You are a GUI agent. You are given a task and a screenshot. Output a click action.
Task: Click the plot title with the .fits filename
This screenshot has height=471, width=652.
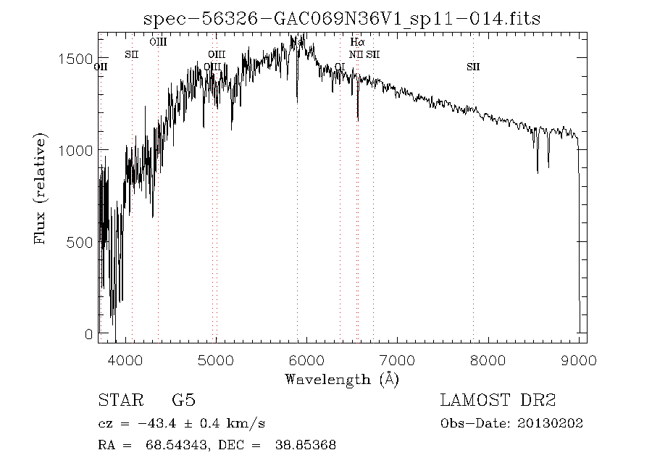(x=342, y=18)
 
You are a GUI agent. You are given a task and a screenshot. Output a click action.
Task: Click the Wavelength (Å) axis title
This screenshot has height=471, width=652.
(x=342, y=379)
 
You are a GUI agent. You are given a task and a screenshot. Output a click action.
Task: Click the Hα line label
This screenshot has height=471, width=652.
(x=356, y=43)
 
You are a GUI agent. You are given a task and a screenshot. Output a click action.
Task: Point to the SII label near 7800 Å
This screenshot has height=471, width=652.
(x=473, y=67)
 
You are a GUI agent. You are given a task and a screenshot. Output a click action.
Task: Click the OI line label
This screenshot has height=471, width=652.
(x=340, y=67)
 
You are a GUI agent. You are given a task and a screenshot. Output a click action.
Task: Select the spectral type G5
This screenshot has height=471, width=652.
(x=183, y=401)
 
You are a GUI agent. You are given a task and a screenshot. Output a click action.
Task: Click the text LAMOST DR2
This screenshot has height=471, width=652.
(x=498, y=401)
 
